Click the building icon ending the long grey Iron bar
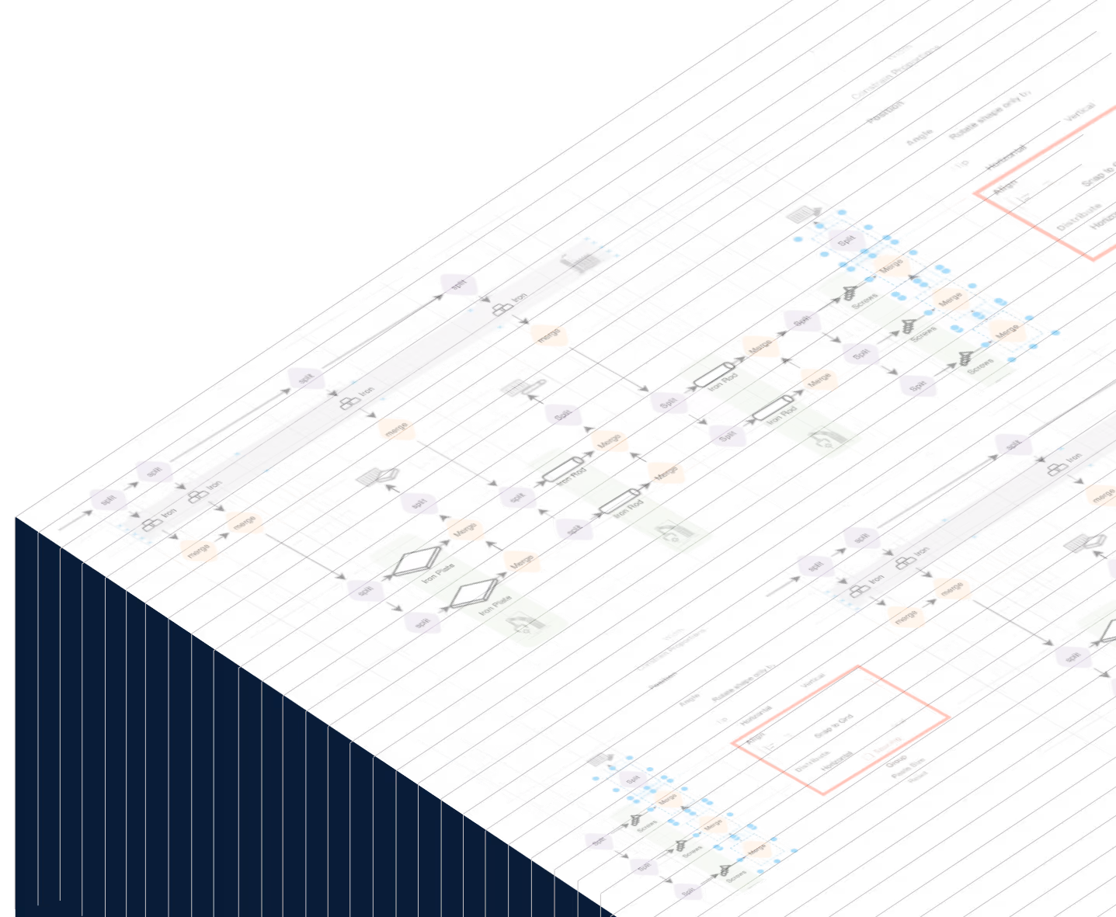581,259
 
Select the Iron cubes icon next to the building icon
502,310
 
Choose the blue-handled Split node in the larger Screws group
847,240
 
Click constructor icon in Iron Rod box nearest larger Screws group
825,442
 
